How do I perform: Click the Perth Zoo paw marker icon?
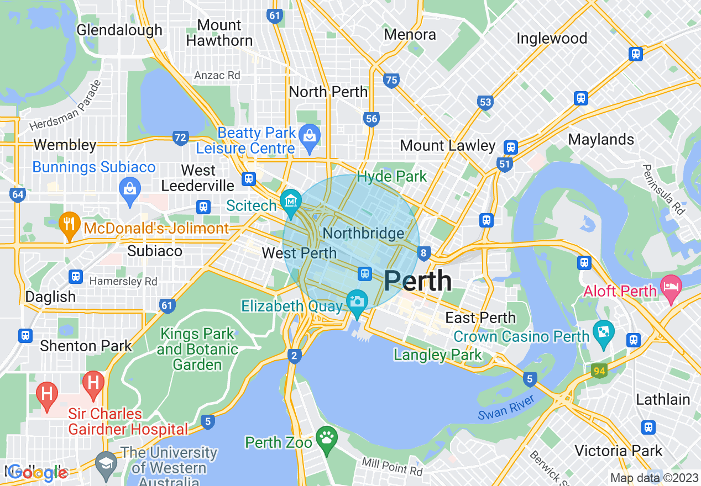click(x=327, y=439)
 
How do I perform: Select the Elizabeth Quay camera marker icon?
click(x=357, y=302)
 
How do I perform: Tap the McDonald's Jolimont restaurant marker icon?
click(x=69, y=224)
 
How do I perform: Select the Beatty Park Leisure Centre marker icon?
click(x=309, y=135)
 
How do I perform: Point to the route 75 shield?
click(x=391, y=81)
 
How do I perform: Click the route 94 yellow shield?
click(x=599, y=371)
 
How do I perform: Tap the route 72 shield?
click(x=180, y=138)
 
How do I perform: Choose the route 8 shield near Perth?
click(x=424, y=253)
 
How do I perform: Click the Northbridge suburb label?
click(x=363, y=233)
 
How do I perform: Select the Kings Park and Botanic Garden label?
click(x=197, y=349)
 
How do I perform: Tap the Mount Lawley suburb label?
click(x=447, y=146)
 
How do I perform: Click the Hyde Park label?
click(x=392, y=177)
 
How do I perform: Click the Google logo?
click(x=38, y=473)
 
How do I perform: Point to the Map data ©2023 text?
click(x=654, y=478)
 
